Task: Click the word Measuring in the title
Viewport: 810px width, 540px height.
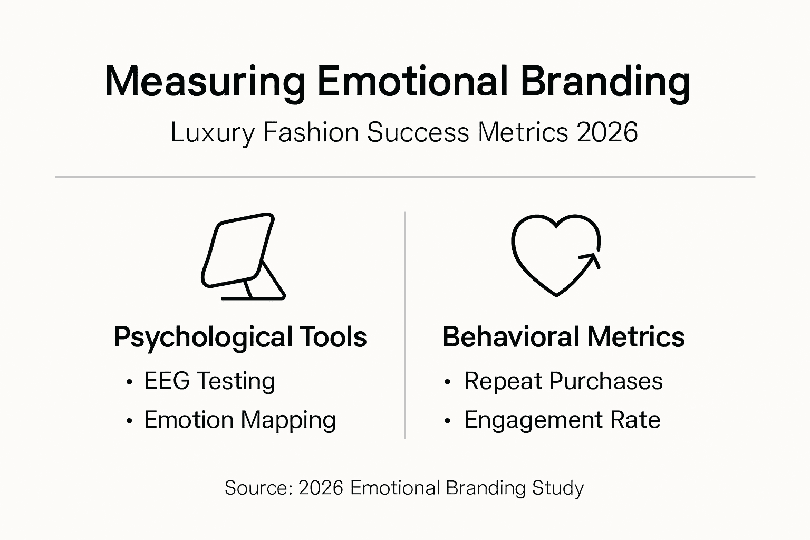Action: click(x=205, y=82)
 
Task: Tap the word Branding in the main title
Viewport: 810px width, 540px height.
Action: click(x=605, y=82)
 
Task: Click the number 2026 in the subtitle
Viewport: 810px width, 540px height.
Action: click(x=607, y=132)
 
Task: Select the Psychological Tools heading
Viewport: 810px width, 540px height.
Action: click(x=240, y=337)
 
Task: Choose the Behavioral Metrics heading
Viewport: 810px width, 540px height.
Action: click(x=563, y=337)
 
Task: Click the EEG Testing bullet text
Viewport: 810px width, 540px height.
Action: click(x=209, y=381)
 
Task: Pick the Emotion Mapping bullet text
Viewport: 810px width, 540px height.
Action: click(x=240, y=420)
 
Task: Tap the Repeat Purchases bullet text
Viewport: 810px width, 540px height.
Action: click(x=563, y=381)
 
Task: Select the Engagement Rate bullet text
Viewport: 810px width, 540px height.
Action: click(x=562, y=420)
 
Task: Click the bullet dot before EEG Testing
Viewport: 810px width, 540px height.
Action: click(x=129, y=382)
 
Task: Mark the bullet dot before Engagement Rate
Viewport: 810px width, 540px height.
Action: click(x=448, y=421)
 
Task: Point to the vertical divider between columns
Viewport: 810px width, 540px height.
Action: click(x=405, y=325)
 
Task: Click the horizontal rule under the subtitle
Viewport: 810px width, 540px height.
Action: click(x=405, y=177)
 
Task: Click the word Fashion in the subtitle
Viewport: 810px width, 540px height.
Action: click(x=311, y=132)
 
